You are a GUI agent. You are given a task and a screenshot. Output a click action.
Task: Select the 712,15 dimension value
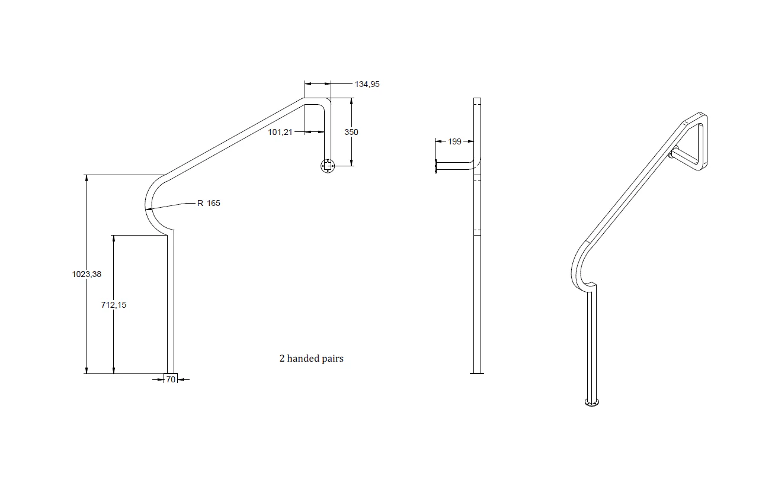(x=114, y=305)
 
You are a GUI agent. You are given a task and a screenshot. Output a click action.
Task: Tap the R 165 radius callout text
(x=209, y=203)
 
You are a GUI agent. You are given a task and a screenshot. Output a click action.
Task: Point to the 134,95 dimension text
(x=367, y=84)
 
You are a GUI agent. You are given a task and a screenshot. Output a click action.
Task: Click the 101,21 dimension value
(x=280, y=132)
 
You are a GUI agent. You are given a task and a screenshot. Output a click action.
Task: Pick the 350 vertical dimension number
(x=351, y=132)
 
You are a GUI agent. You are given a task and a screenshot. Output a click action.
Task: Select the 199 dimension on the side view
(x=454, y=141)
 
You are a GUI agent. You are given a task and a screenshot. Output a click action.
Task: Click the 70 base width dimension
(x=171, y=379)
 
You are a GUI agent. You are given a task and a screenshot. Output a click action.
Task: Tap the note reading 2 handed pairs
(x=311, y=358)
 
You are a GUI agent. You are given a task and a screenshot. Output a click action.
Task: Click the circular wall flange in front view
(x=327, y=166)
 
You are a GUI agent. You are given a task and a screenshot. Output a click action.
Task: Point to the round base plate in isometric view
(x=592, y=403)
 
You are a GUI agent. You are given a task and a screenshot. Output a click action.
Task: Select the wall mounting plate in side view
(x=436, y=166)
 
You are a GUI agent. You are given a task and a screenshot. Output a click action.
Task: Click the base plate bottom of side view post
(x=477, y=373)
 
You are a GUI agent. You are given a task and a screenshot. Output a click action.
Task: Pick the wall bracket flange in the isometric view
(x=671, y=153)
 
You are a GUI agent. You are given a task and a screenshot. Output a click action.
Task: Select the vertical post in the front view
(x=170, y=302)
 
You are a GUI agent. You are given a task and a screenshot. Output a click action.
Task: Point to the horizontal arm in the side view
(x=455, y=166)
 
